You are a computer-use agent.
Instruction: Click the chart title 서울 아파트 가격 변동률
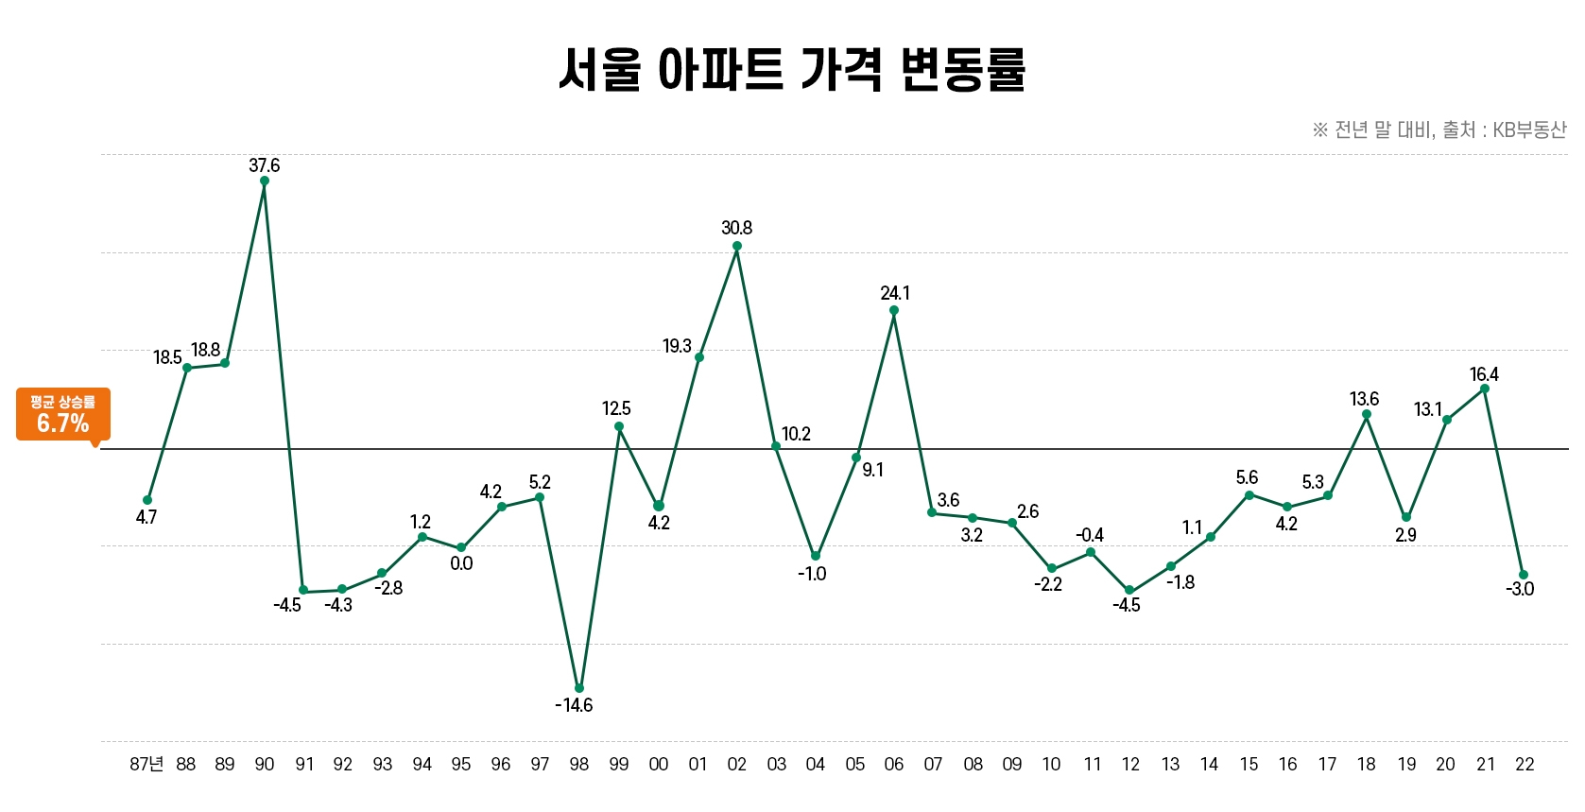[792, 70]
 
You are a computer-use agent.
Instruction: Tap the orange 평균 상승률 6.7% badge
[63, 414]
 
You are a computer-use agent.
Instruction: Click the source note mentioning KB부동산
[1439, 130]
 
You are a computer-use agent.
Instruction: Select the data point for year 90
[265, 181]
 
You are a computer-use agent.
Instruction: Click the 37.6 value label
[265, 165]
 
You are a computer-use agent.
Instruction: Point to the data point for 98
[579, 688]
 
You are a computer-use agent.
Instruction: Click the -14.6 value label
[574, 705]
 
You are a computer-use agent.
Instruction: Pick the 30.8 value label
[737, 228]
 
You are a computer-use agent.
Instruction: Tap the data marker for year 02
[737, 246]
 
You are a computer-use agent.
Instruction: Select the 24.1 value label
[895, 293]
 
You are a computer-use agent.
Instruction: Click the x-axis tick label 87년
[146, 764]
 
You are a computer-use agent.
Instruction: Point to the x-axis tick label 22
[1525, 764]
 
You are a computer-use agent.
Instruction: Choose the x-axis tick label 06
[894, 764]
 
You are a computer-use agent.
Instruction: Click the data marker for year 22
[1524, 575]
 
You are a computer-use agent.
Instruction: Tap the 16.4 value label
[1484, 374]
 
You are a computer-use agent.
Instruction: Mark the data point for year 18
[1367, 414]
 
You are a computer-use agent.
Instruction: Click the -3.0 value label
[1520, 589]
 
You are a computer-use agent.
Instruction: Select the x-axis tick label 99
[619, 764]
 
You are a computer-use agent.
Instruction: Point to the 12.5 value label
[616, 408]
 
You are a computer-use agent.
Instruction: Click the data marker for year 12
[1129, 590]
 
